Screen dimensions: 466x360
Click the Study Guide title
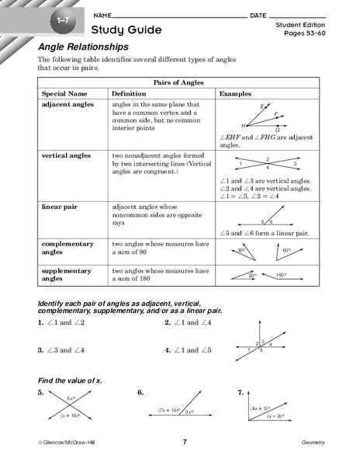click(126, 30)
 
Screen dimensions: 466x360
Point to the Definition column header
click(129, 92)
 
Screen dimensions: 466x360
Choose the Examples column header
click(236, 92)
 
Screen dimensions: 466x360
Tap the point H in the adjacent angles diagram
click(244, 125)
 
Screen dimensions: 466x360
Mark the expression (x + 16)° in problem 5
click(71, 416)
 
